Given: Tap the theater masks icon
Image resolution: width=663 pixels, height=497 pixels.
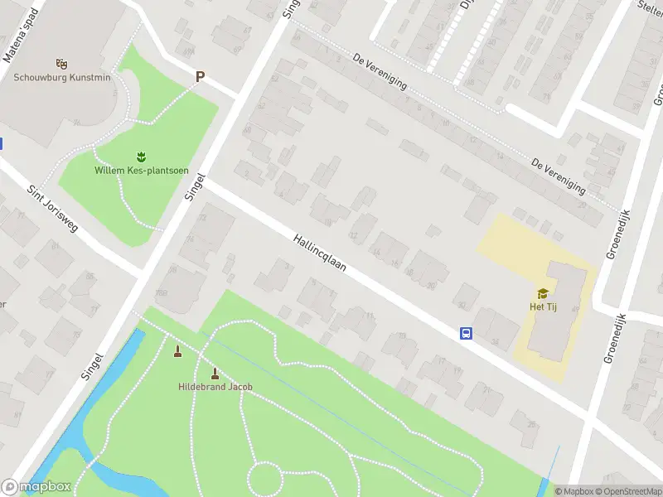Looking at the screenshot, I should coord(60,63).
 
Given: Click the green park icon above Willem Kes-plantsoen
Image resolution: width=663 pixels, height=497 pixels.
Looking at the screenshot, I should coord(141,156).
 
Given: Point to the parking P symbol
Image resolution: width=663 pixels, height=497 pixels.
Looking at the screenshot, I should coord(199,77).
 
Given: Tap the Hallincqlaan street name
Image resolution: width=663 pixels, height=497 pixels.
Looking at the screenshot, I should coord(319,255).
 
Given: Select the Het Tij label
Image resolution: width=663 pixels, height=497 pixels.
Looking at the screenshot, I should coord(543,307).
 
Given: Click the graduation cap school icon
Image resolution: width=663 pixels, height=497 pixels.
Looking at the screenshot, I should coord(543,293).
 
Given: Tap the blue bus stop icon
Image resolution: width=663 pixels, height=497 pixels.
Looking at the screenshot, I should coord(467,334).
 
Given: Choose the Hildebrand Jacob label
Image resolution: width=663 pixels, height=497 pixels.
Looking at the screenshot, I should coord(215,387).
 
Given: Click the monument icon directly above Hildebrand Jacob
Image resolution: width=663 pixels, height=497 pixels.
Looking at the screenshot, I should coord(215,373).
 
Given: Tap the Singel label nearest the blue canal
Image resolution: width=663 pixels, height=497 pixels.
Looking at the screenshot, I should coord(93,365).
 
